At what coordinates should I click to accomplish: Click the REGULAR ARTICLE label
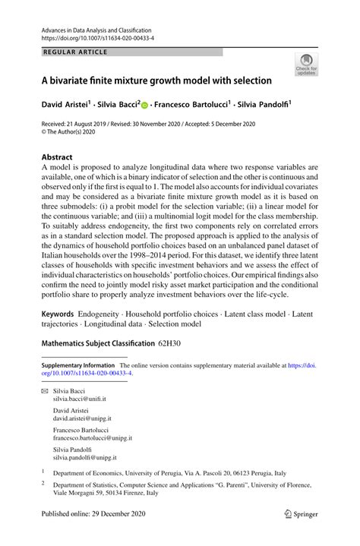[x=76, y=52]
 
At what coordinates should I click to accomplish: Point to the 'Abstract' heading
[x=58, y=156]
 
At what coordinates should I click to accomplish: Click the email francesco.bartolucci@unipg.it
[x=92, y=438]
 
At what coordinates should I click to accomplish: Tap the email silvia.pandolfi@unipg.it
[x=84, y=458]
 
